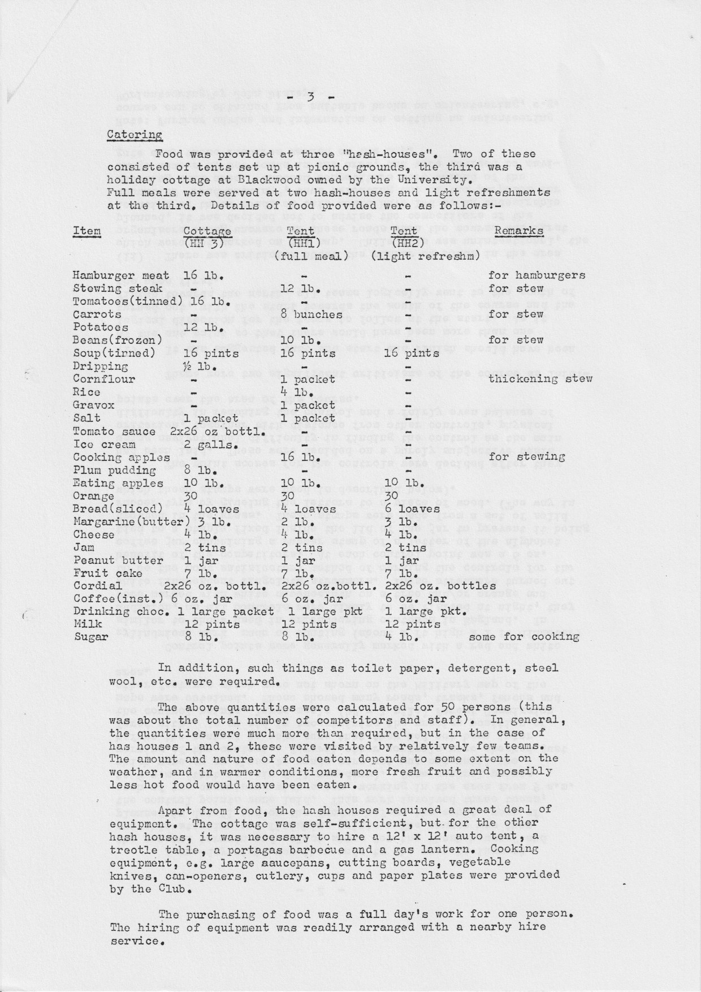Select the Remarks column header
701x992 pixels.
pos(519,231)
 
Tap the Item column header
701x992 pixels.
pos(87,231)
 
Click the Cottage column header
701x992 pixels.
pos(207,231)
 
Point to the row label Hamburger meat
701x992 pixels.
pos(121,275)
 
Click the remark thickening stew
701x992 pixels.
pos(540,379)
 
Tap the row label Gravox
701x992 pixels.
pos(94,405)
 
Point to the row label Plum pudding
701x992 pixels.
pos(115,470)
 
